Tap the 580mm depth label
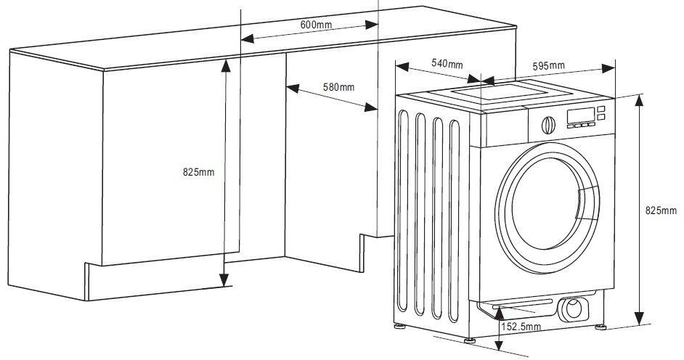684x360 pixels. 338,88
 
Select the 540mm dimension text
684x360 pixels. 447,64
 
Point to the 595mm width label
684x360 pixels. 548,66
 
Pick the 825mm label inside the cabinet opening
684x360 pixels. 198,172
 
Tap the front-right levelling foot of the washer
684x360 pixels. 602,327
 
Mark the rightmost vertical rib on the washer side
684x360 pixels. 455,218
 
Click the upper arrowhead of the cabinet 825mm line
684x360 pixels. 225,64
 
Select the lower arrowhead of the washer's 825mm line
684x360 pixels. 638,319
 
